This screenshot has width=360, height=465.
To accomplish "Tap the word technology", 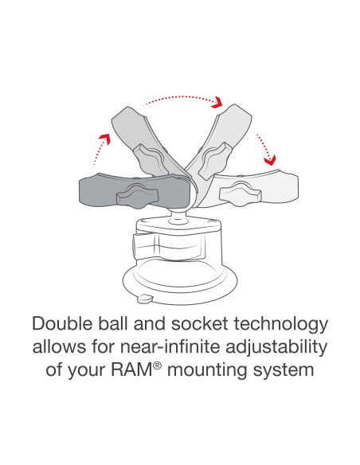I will click(280, 325).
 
